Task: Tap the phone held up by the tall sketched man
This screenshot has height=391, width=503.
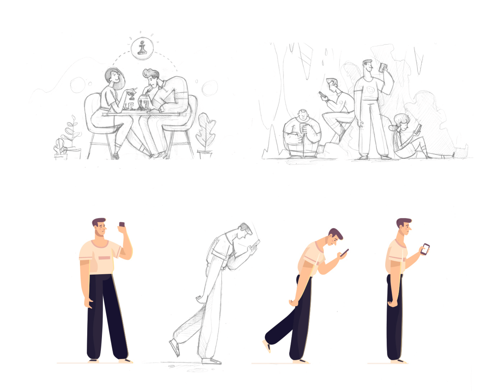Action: click(x=383, y=67)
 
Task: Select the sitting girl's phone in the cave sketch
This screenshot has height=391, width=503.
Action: click(x=418, y=129)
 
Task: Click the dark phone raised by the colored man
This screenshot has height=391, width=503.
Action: click(x=122, y=224)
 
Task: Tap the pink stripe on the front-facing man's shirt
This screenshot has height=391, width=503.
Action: click(x=104, y=258)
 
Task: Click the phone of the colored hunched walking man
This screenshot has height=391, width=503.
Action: click(x=345, y=252)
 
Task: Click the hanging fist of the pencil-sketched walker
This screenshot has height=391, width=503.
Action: click(x=199, y=299)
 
